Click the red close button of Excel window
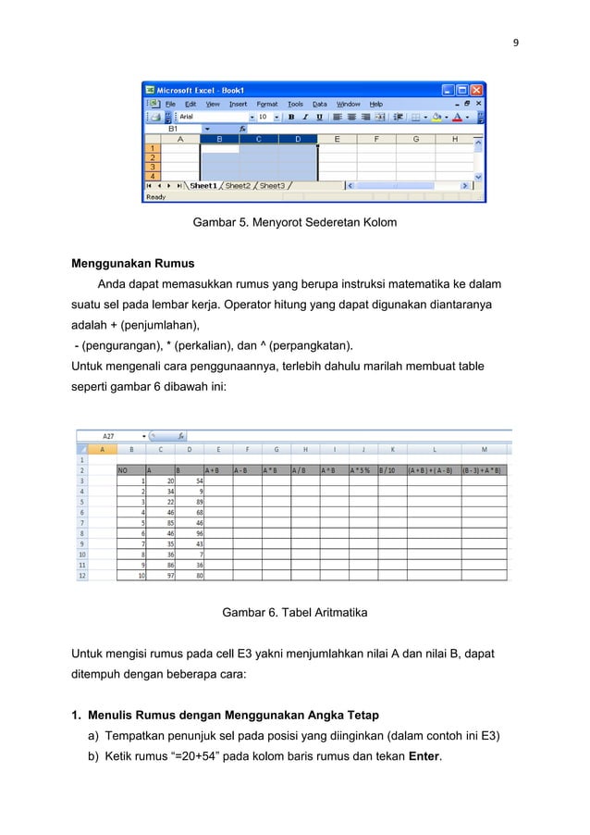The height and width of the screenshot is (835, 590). coord(476,90)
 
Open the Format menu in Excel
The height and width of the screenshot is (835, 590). coord(266,104)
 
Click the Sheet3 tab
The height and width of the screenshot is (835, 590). coord(272,185)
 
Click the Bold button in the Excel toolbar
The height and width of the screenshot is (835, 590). coord(291,117)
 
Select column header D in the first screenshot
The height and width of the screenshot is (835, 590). coord(297,139)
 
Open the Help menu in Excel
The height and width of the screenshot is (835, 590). coord(376,104)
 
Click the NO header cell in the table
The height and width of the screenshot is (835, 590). coord(123,469)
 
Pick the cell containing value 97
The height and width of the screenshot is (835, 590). coord(165,575)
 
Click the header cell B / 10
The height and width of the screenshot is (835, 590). coord(387,469)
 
